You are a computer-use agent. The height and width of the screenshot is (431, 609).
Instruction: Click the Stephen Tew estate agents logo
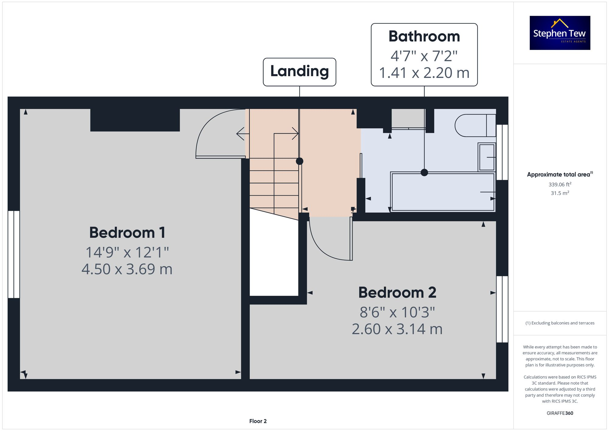[560, 33]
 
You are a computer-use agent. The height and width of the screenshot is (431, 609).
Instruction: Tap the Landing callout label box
[299, 72]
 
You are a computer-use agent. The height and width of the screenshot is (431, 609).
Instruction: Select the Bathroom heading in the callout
[424, 37]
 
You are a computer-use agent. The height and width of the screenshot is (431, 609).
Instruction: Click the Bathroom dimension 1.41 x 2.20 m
[424, 73]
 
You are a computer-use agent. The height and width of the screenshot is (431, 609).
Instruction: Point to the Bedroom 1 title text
[127, 233]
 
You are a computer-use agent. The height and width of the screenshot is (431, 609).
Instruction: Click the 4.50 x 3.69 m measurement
[127, 269]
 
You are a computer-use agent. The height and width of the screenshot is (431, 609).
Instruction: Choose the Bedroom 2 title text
[397, 293]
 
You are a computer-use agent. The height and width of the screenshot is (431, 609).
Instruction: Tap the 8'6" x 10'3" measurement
[397, 313]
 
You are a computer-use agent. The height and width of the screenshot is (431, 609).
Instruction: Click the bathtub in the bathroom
[443, 192]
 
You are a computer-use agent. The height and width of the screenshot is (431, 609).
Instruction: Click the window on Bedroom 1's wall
[14, 254]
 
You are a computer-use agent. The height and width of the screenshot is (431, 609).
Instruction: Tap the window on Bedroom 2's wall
[502, 309]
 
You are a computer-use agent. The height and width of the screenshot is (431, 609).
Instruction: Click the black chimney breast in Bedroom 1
[135, 120]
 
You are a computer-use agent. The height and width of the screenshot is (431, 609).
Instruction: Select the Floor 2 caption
[258, 421]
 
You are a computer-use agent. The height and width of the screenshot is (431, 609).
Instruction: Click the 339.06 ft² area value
[560, 184]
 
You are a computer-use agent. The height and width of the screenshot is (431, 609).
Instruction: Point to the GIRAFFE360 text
[560, 413]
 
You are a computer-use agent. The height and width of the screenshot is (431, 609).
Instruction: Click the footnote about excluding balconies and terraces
[560, 323]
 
